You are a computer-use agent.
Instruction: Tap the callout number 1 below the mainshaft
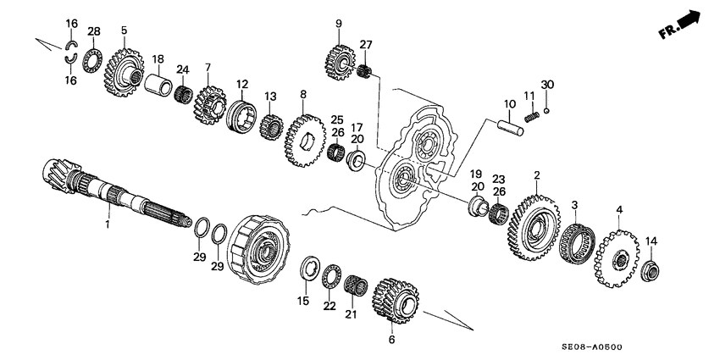click(x=107, y=224)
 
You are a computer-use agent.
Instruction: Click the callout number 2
click(x=535, y=175)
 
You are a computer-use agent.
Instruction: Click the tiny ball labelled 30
click(x=547, y=110)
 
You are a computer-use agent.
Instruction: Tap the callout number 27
click(x=366, y=45)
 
